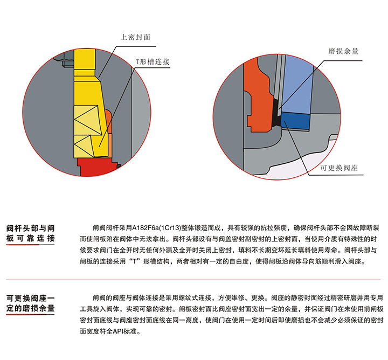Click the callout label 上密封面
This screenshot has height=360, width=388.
[x=135, y=37]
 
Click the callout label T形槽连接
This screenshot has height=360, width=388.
[x=153, y=61]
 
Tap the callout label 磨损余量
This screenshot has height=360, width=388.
[x=343, y=51]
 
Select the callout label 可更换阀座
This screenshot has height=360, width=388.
[x=339, y=168]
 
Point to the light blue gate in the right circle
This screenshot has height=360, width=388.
[x=297, y=84]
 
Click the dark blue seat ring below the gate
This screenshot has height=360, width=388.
[x=295, y=121]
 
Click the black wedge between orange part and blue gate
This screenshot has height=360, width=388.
[x=276, y=114]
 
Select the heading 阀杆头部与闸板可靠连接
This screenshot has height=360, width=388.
[x=30, y=233]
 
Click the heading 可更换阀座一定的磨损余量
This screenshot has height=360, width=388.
[x=30, y=303]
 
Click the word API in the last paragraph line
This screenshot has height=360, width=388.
[x=119, y=331]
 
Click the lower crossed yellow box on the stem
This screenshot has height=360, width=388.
[x=84, y=146]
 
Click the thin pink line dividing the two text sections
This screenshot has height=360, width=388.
[x=193, y=279]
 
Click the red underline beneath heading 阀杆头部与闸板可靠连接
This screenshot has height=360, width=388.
[x=23, y=245]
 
